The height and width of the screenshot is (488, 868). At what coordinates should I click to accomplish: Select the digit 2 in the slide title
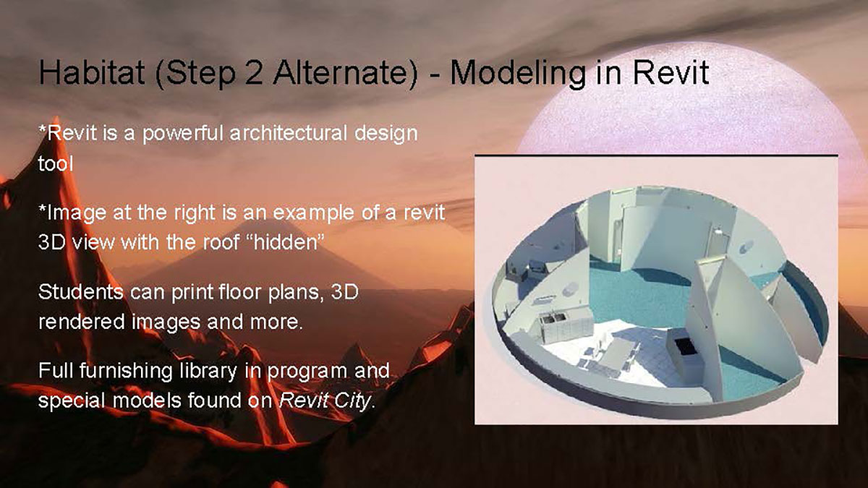point(253,73)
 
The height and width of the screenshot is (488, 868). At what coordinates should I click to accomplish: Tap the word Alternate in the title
point(340,73)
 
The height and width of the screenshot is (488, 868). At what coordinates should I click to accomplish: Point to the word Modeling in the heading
point(518,74)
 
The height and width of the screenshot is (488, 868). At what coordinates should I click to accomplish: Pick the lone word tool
point(56,163)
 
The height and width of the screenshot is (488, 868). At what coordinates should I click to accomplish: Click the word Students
point(80,292)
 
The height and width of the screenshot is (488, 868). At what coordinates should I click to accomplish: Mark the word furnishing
point(126,372)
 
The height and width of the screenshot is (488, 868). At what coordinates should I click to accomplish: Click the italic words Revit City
point(325,401)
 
